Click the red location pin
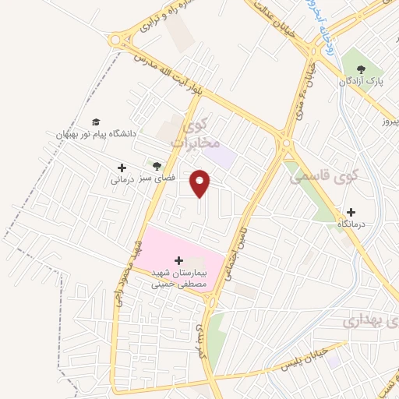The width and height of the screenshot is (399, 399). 201,182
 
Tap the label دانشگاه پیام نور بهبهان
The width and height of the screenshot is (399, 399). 95,134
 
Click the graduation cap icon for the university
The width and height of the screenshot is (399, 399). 95,122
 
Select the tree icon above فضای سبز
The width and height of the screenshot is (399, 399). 157,165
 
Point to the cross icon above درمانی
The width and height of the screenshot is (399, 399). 122,167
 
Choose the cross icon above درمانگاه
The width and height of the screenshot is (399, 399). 351,212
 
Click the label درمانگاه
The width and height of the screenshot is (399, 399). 352,224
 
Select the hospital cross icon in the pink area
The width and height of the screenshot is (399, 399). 178,260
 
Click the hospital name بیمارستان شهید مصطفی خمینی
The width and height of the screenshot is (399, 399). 178,278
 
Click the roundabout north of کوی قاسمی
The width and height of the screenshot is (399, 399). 284,143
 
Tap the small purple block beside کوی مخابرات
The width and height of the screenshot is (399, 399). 224,156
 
